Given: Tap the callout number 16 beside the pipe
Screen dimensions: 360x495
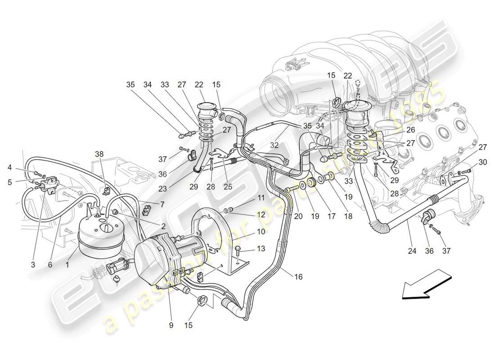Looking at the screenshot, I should pyautogui.click(x=298, y=278).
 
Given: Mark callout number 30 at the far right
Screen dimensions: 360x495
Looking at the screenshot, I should pyautogui.click(x=470, y=162).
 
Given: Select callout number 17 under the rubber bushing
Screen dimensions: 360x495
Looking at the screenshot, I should pyautogui.click(x=331, y=216).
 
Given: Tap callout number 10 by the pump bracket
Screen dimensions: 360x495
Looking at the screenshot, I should pyautogui.click(x=261, y=232).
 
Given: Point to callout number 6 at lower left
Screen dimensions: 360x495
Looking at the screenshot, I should pyautogui.click(x=50, y=265).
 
